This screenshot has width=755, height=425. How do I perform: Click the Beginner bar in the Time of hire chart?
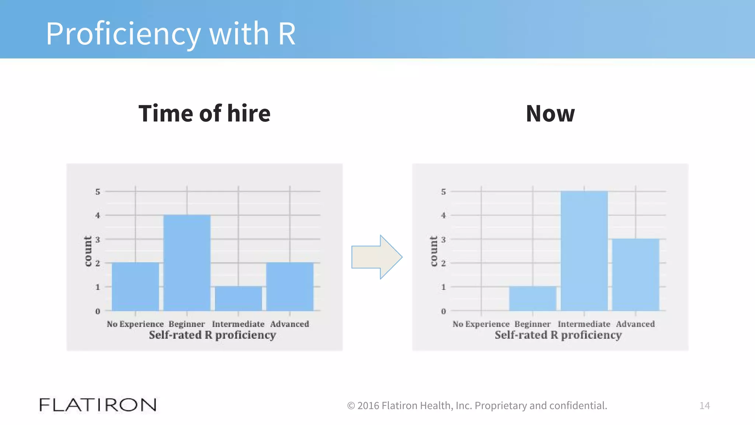[x=187, y=263]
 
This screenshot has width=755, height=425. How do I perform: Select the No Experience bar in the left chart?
[x=135, y=287]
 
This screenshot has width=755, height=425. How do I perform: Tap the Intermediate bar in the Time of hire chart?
[x=238, y=298]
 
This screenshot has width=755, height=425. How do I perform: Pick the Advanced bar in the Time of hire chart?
[x=290, y=287]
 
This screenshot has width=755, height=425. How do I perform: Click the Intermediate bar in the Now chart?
[x=584, y=251]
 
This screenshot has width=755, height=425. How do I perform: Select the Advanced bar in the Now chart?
[x=636, y=274]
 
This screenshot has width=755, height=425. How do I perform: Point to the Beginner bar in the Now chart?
[x=533, y=298]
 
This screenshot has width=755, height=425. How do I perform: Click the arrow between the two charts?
[x=376, y=257]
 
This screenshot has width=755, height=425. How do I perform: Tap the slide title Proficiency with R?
[x=170, y=34]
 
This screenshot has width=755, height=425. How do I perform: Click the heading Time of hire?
[x=204, y=113]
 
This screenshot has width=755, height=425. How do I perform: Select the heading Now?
[x=550, y=114]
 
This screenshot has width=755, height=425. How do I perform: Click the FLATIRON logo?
[x=98, y=405]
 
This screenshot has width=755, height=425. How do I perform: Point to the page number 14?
[x=704, y=406]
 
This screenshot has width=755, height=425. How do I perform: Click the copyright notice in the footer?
[x=477, y=405]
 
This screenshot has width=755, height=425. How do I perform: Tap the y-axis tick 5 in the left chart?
[x=98, y=192]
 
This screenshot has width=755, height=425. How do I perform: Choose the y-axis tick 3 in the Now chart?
[x=443, y=239]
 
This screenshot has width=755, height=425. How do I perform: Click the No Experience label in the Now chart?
[x=481, y=324]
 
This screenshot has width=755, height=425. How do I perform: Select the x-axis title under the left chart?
[x=212, y=335]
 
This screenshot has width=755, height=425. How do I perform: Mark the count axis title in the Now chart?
[x=434, y=251]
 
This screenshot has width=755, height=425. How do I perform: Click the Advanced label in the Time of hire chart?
[x=289, y=324]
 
